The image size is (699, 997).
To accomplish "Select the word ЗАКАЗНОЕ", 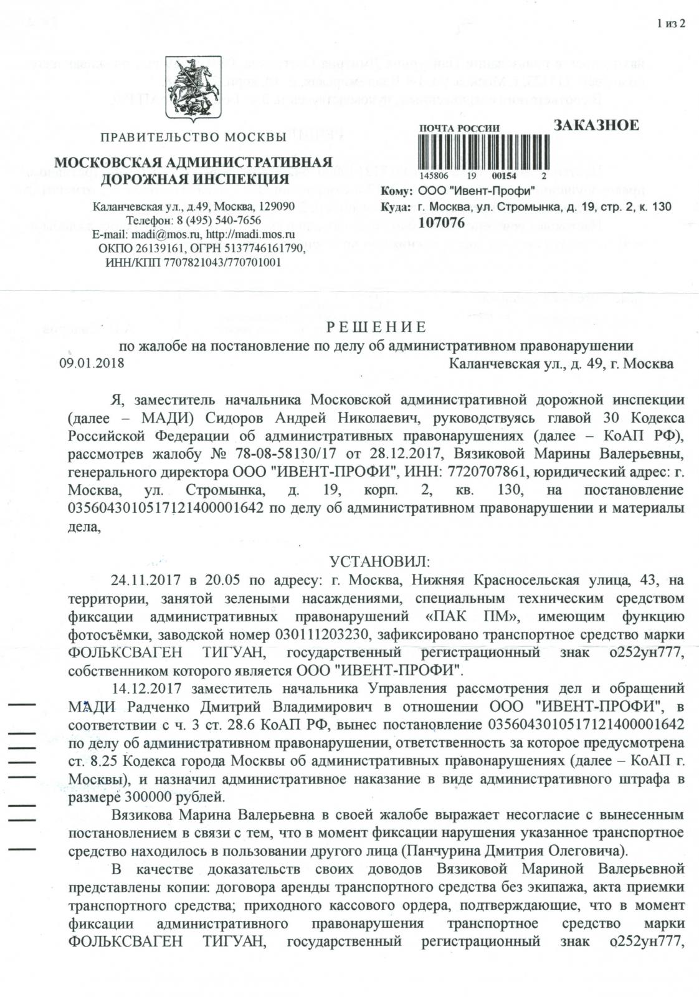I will pos(596,125).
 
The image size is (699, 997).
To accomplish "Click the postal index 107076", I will pos(442,223).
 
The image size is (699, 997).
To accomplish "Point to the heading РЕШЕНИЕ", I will pos(377,328).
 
